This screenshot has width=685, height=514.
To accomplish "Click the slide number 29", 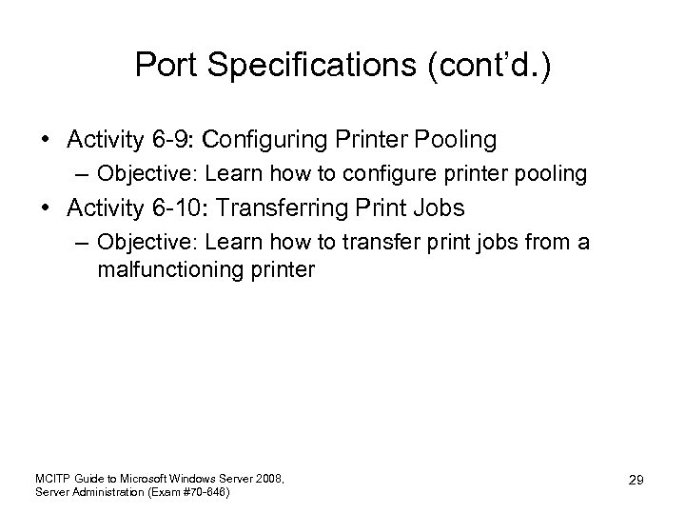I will pyautogui.click(x=636, y=481).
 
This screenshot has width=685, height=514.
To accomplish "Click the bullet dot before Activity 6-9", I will pyautogui.click(x=46, y=141).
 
